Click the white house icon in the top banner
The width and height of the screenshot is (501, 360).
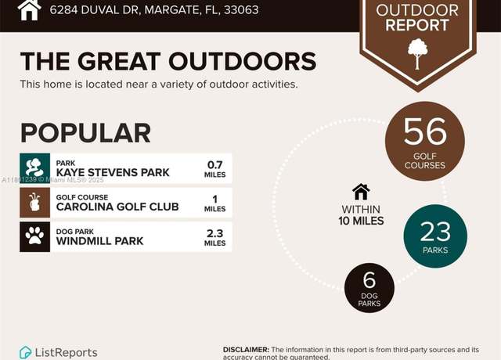(x=29, y=10)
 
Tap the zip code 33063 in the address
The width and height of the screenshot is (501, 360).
(x=241, y=10)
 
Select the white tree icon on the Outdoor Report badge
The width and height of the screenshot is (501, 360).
(x=417, y=54)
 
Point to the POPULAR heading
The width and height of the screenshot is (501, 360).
(x=85, y=133)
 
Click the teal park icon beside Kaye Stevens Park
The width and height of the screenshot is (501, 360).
(x=34, y=168)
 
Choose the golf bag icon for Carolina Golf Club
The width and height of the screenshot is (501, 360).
(x=34, y=203)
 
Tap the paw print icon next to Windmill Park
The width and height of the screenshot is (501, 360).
(x=34, y=236)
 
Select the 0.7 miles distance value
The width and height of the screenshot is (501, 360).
(x=214, y=169)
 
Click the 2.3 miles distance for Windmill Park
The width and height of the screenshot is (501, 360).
(x=214, y=237)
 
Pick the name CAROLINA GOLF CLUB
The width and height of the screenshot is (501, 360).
(x=117, y=207)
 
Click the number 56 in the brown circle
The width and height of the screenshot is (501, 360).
(x=424, y=131)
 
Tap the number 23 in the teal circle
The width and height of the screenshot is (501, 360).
(x=435, y=232)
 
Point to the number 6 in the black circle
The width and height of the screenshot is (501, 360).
(x=369, y=279)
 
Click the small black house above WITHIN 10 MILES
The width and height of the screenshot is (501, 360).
(x=361, y=192)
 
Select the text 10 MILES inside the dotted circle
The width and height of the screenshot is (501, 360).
(x=361, y=221)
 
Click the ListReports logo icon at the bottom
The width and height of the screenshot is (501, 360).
(x=25, y=352)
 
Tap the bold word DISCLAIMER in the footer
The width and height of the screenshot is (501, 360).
(x=246, y=350)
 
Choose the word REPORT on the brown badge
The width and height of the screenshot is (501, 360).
(x=417, y=25)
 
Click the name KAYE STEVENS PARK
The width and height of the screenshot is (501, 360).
(x=113, y=172)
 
